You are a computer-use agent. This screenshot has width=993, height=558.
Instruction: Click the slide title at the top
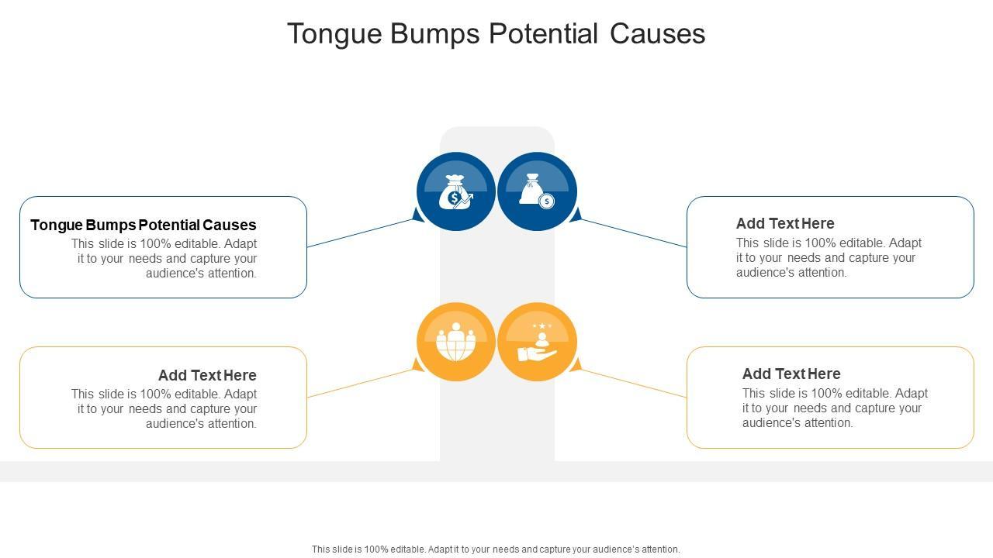pyautogui.click(x=496, y=34)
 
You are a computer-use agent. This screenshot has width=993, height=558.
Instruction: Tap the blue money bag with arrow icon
pyautogui.click(x=455, y=191)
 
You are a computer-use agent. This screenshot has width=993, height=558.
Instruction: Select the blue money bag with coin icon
pyautogui.click(x=537, y=191)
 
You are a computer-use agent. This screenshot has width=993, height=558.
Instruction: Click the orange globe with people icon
pyautogui.click(x=455, y=342)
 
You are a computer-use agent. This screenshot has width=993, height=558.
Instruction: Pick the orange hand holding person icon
pyautogui.click(x=537, y=342)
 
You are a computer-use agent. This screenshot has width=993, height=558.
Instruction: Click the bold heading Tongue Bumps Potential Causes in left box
pyautogui.click(x=144, y=225)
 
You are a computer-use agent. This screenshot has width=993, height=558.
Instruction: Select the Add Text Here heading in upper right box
pyautogui.click(x=785, y=223)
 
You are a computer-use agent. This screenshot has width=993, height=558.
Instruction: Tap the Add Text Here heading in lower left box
pyautogui.click(x=207, y=375)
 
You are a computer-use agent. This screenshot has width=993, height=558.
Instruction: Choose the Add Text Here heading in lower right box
pyautogui.click(x=791, y=374)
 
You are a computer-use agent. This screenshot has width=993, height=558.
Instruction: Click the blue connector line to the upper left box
pyautogui.click(x=361, y=232)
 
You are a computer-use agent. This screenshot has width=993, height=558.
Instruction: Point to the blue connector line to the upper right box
pyautogui.click(x=632, y=232)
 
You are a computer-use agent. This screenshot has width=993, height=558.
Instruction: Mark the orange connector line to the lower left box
pyautogui.click(x=361, y=383)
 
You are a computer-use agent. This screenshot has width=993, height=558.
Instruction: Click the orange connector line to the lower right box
pyautogui.click(x=632, y=383)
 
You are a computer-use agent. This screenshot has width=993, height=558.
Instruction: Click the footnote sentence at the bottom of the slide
pyautogui.click(x=496, y=549)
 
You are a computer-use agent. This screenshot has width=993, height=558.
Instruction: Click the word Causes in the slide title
pyautogui.click(x=657, y=34)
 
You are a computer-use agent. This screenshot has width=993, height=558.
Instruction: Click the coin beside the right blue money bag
pyautogui.click(x=547, y=201)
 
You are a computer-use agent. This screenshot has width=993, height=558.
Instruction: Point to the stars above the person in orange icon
pyautogui.click(x=541, y=325)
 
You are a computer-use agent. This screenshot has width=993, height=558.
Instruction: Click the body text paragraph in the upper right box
pyautogui.click(x=829, y=257)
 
